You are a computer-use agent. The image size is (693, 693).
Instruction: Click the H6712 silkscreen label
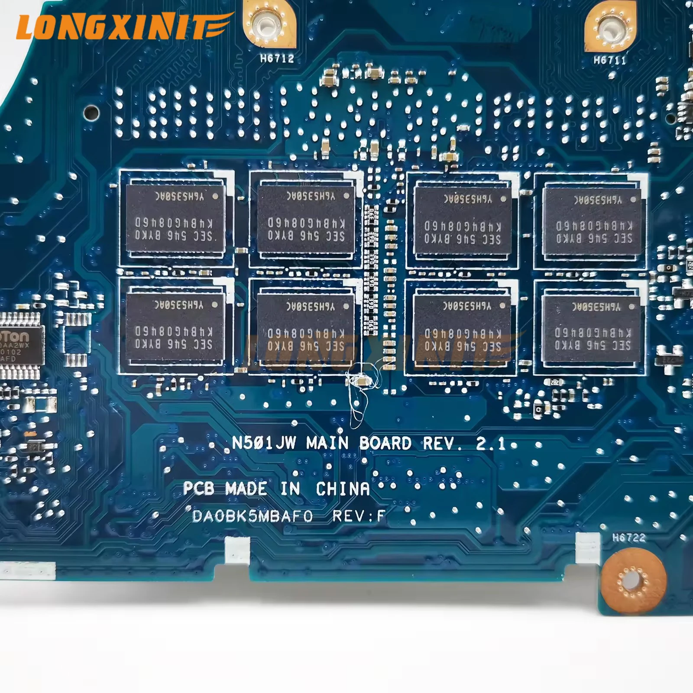pos(277,58)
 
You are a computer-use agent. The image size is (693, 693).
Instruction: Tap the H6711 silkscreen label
pos(610,60)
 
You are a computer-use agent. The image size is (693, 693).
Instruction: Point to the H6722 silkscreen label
pos(629,538)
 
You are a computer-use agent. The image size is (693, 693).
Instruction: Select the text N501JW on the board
pos(264,443)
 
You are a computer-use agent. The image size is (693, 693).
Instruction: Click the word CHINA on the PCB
pos(343,489)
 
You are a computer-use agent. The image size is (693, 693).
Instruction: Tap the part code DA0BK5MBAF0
pos(252,516)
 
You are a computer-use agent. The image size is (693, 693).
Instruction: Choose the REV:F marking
pos(359,516)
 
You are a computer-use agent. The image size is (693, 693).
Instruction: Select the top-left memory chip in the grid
pos(175,219)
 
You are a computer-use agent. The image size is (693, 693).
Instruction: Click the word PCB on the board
pos(198,489)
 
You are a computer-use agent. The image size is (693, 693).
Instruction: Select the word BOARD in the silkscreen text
pos(385,443)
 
